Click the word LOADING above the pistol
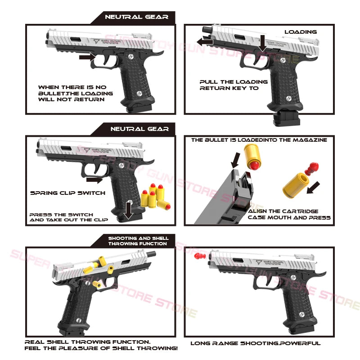300,32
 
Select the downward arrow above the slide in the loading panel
262,43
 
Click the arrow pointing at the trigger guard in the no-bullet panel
86,57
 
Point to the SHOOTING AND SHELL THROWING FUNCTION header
138,241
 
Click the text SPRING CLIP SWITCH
67,193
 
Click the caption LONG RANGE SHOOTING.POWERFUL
256,343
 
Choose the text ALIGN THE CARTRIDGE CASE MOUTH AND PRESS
289,214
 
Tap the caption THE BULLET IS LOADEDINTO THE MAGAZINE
259,140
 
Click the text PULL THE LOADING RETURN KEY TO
234,85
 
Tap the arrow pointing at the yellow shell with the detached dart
313,187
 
